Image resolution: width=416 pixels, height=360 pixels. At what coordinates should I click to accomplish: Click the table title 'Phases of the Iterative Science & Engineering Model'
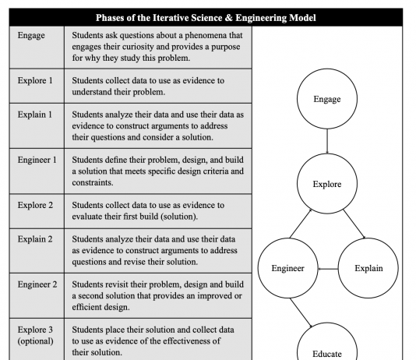point(206,18)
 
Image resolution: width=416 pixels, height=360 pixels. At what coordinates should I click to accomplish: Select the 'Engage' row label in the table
point(31,36)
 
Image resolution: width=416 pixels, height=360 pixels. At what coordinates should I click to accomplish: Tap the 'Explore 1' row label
point(35,80)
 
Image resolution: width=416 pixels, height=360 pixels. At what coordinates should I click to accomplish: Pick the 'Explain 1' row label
point(35,115)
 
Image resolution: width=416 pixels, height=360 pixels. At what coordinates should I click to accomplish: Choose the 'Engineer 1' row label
point(37,160)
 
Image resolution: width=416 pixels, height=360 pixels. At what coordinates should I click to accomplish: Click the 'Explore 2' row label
point(35,205)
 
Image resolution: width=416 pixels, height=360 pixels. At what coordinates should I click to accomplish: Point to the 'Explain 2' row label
point(35,239)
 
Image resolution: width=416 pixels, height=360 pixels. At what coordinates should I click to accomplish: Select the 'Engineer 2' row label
point(37,284)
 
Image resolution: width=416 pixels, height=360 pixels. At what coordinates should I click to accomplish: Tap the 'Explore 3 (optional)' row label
point(36,335)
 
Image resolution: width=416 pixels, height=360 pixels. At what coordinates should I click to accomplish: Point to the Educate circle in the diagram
point(327,323)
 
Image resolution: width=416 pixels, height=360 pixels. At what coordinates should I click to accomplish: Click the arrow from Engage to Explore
point(327,141)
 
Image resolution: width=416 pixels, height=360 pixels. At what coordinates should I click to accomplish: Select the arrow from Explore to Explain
point(354,224)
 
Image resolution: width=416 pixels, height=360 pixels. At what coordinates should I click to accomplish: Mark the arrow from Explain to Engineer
point(328,269)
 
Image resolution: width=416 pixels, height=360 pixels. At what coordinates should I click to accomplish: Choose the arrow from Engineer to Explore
point(301,224)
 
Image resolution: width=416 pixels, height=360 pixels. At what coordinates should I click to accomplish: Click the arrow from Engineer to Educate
point(301,312)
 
